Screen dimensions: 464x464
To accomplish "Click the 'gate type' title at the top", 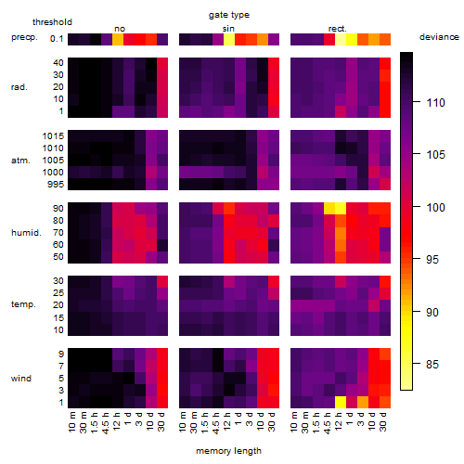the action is coord(229,15).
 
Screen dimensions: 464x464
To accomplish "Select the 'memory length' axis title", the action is coord(228,451).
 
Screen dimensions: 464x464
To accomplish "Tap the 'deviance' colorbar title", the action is coord(439,37).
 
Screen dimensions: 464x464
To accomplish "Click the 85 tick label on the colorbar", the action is coord(432,364).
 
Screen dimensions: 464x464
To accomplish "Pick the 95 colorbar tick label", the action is coord(432,259).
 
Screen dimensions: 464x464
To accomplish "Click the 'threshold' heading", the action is coord(52,22).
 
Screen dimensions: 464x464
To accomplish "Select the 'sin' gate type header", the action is coord(228,29).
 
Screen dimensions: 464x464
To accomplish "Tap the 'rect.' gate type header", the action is coord(338,29).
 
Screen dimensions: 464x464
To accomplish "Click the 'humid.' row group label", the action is coord(26,233).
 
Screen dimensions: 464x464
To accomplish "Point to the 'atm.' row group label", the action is coord(20,161).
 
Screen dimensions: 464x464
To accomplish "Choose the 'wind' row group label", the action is coord(21,379).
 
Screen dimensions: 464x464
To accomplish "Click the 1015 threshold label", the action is coord(53,136).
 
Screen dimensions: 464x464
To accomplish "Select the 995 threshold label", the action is coord(56,185).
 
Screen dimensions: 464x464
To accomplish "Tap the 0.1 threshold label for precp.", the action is coord(57,39).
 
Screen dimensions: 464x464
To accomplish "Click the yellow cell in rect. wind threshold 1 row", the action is coord(341,402).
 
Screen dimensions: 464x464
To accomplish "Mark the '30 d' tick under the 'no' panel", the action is coord(161,421).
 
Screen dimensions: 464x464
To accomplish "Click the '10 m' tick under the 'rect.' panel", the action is coord(295,422).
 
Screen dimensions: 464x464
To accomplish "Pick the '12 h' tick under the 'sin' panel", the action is coord(228,421).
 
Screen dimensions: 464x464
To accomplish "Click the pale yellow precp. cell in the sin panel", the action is coord(229,39).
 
